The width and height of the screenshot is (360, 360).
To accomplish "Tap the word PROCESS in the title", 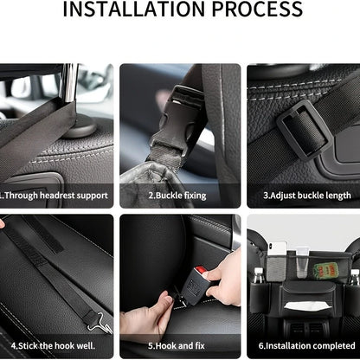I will [255, 11].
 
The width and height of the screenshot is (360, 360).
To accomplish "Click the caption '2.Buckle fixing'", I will [177, 196].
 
